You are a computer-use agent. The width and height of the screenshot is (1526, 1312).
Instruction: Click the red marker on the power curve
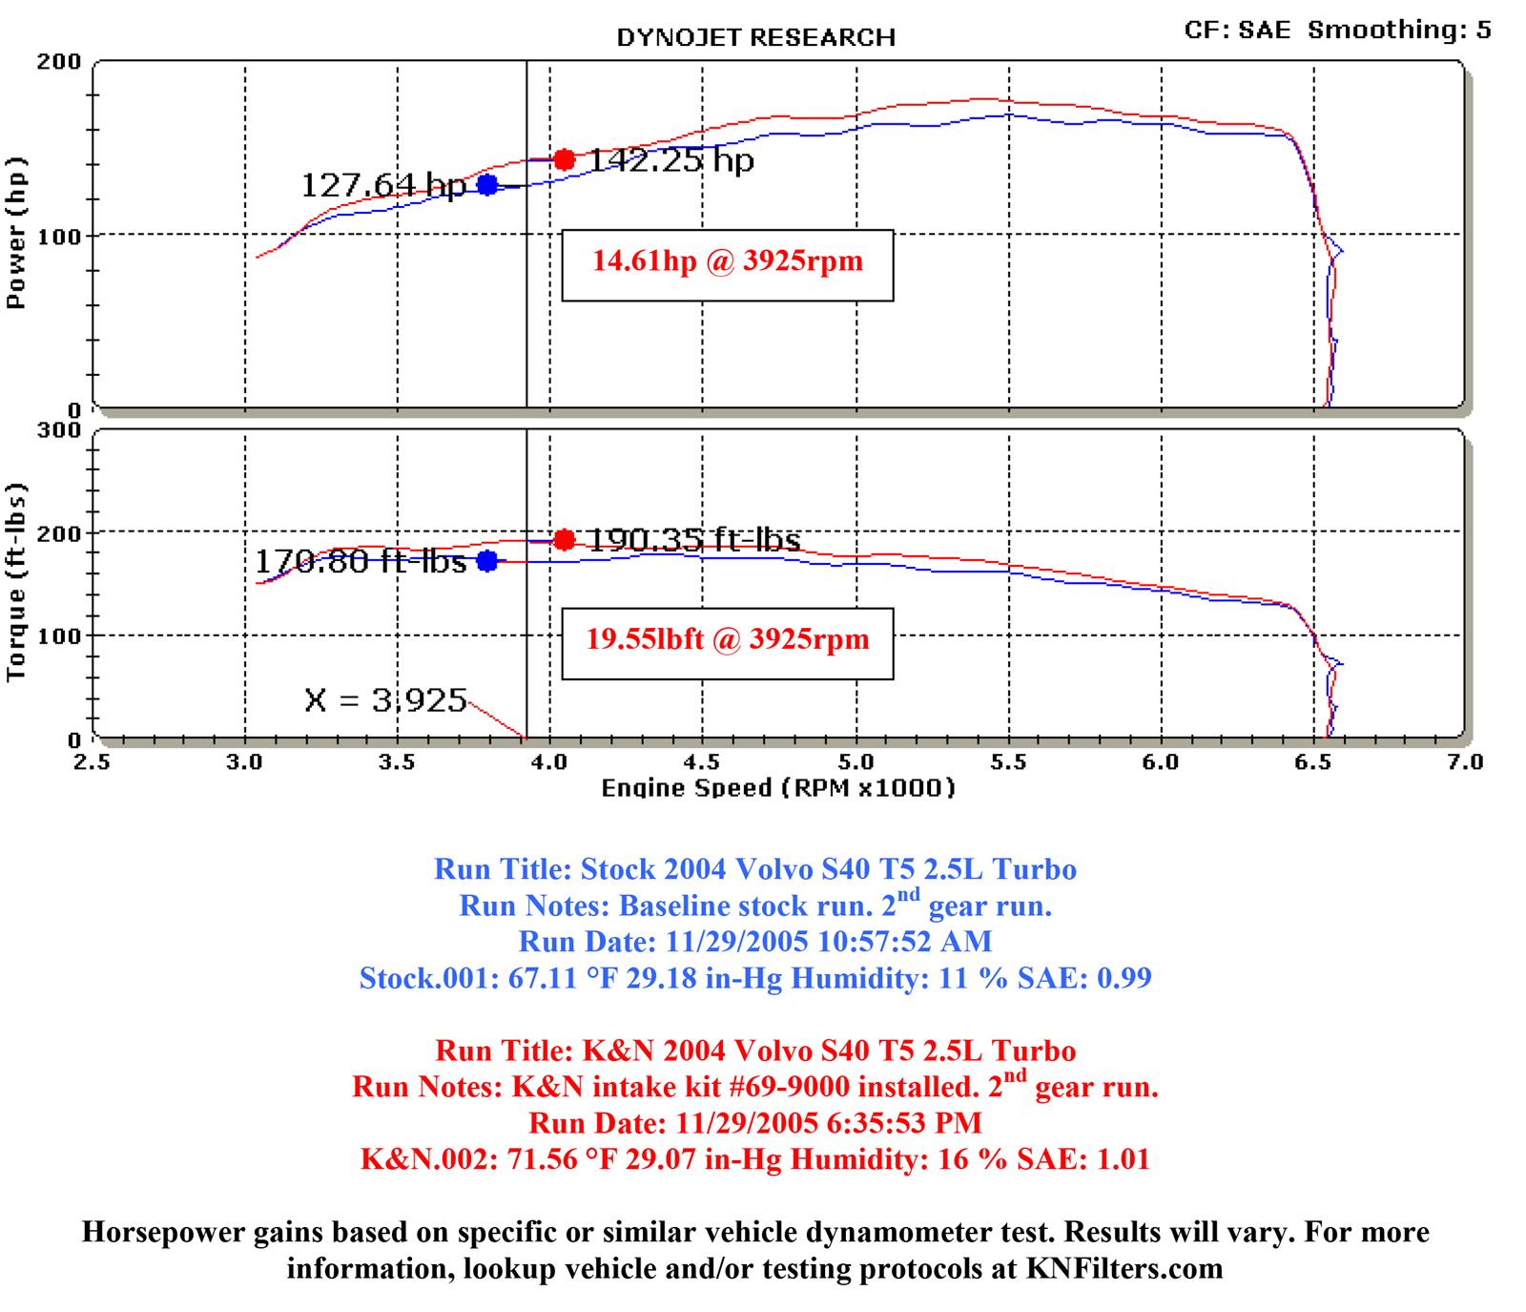(x=564, y=159)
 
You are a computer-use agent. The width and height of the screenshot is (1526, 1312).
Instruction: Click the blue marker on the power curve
(x=487, y=185)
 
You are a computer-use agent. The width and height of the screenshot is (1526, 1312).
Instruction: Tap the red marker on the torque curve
(x=564, y=540)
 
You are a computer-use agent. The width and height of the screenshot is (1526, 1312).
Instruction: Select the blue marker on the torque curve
(x=487, y=561)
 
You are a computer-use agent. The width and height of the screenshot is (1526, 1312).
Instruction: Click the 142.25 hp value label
(x=670, y=160)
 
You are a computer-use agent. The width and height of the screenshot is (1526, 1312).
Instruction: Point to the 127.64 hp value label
(x=383, y=185)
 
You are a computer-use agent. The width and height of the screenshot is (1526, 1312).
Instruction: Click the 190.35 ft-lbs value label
(x=693, y=540)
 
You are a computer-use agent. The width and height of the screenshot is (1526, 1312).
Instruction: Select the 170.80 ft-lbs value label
(x=361, y=561)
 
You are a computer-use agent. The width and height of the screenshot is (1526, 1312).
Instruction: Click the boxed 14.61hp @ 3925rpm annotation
(x=727, y=261)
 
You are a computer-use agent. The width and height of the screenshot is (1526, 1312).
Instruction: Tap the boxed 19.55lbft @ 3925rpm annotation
(x=727, y=639)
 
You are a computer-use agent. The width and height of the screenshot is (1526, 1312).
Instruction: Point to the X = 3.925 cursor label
(x=385, y=701)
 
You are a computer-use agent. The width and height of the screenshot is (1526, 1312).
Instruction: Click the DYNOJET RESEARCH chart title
(x=755, y=38)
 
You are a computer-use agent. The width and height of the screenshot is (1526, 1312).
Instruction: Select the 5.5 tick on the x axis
(x=1008, y=762)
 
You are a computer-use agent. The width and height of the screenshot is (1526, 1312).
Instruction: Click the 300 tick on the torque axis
(x=58, y=430)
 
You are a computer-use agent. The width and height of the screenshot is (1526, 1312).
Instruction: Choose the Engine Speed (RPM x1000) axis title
(x=778, y=788)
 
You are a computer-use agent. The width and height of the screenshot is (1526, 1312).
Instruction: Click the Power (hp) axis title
(x=16, y=233)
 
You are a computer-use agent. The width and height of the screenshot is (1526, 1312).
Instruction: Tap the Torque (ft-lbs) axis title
(x=16, y=583)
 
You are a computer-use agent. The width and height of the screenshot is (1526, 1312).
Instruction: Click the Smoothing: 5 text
(x=1398, y=31)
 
